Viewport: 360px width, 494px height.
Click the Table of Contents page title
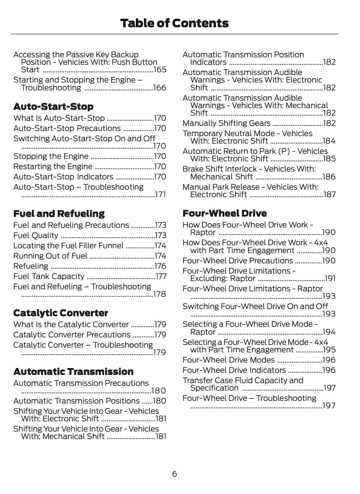[174, 23]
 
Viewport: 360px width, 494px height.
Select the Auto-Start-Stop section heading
[53, 106]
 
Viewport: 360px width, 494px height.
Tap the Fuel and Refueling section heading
[59, 214]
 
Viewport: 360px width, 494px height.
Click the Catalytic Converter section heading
[61, 313]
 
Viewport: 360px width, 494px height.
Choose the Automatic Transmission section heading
[73, 372]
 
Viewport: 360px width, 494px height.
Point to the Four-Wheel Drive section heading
[225, 213]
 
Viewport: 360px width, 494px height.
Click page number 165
[160, 70]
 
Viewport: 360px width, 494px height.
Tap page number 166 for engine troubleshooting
[160, 88]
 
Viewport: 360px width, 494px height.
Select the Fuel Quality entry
[36, 235]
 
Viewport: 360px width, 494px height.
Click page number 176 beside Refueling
[160, 266]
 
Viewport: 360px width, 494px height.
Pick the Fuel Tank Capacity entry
[49, 276]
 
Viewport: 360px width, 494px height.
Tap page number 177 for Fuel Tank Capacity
[161, 276]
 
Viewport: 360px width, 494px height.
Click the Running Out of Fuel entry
[50, 256]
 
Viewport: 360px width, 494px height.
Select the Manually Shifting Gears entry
[227, 123]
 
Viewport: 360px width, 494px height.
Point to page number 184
[329, 141]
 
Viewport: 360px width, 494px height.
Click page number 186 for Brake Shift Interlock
[329, 177]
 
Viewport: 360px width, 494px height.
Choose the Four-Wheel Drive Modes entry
[229, 360]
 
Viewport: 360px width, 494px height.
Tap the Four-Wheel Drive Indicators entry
[234, 370]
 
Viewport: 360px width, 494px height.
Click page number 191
[330, 278]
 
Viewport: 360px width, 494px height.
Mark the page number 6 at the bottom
[174, 474]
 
